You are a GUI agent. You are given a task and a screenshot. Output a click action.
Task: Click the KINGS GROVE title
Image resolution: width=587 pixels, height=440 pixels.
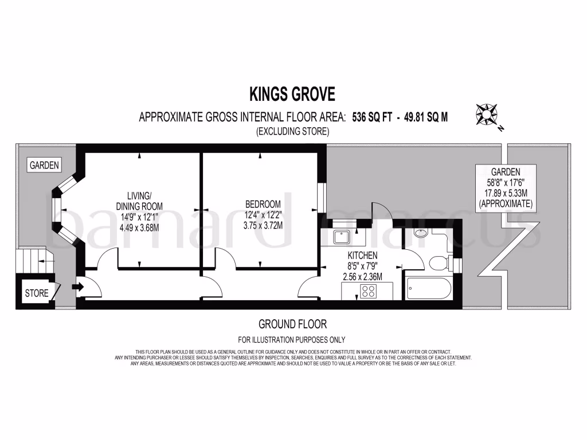point(292,93)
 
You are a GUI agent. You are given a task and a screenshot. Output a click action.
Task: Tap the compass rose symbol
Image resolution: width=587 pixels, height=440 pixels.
point(486,115)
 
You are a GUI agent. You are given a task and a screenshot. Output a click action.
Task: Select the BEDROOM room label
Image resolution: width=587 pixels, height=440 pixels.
point(263,204)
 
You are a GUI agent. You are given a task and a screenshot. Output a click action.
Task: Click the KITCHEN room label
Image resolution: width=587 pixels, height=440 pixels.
point(362,256)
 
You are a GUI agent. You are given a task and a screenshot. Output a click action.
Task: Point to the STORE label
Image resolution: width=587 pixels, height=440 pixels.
point(37,293)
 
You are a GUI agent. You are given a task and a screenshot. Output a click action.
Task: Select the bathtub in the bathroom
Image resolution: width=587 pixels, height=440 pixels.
point(429,289)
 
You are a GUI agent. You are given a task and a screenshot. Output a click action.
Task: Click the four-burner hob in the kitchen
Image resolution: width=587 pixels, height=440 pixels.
point(367,290)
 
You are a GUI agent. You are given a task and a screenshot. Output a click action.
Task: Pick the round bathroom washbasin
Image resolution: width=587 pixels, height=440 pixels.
point(420,234)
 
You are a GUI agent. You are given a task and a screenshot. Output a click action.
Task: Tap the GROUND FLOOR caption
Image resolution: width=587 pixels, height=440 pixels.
point(293,324)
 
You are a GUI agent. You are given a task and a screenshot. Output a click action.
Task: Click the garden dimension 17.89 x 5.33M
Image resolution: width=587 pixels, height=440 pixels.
point(506,194)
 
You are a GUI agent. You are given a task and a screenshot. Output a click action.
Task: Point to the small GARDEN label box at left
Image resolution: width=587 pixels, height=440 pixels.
point(45,166)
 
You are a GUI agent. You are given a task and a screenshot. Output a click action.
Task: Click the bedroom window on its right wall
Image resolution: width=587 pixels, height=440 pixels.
point(322,198)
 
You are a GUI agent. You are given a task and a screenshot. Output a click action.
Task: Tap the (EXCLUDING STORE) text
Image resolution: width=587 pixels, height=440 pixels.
point(292,132)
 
